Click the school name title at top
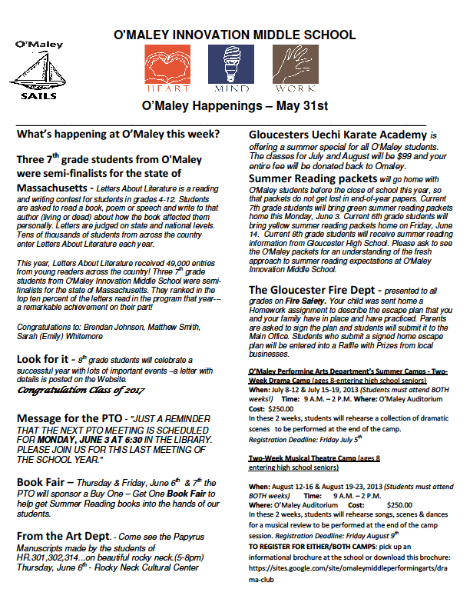pyautogui.click(x=234, y=35)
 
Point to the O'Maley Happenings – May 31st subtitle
pyautogui.click(x=235, y=105)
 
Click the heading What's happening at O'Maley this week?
pyautogui.click(x=118, y=134)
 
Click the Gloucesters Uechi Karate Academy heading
pyautogui.click(x=338, y=134)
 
